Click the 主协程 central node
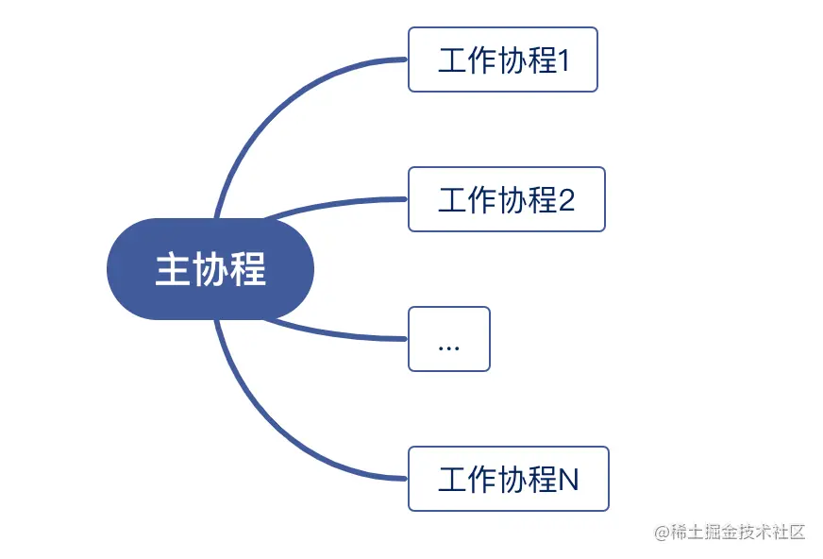pyautogui.click(x=210, y=269)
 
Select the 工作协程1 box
pyautogui.click(x=502, y=59)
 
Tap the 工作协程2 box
pyautogui.click(x=506, y=199)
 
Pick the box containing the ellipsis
pyautogui.click(x=448, y=339)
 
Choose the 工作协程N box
pyautogui.click(x=508, y=479)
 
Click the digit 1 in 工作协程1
pyautogui.click(x=565, y=62)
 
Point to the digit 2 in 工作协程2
pyautogui.click(x=566, y=201)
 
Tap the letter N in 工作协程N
pyautogui.click(x=568, y=481)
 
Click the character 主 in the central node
pyautogui.click(x=172, y=270)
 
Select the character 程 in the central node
pyautogui.click(x=247, y=270)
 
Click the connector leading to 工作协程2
pyautogui.click(x=330, y=205)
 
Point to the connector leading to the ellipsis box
pyautogui.click(x=330, y=333)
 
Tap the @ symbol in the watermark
pyautogui.click(x=662, y=533)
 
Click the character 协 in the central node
pyautogui.click(x=210, y=270)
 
